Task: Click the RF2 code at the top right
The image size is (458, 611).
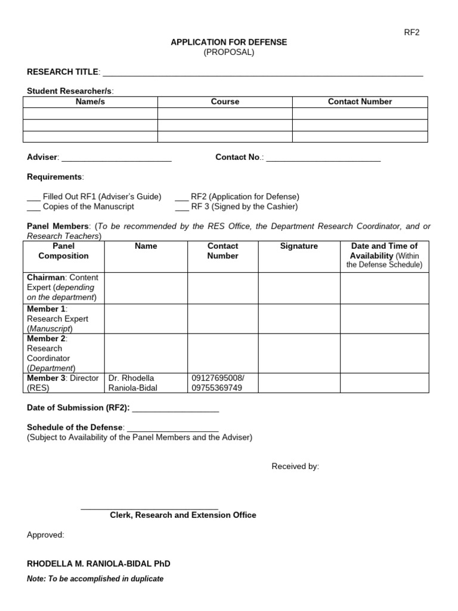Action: (x=411, y=32)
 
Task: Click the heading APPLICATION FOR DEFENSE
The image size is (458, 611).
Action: (x=229, y=42)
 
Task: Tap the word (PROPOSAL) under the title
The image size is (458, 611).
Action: (x=229, y=52)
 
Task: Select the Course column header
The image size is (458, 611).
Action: (x=225, y=102)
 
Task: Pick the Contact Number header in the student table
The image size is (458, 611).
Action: (x=360, y=102)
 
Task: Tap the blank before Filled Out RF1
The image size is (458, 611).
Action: (x=33, y=198)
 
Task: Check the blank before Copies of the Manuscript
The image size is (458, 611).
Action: (x=33, y=208)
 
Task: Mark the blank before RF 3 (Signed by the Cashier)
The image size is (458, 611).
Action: (x=181, y=208)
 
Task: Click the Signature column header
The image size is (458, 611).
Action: (x=299, y=246)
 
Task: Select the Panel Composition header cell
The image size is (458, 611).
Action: (x=64, y=251)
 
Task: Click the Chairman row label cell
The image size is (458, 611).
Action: (x=64, y=288)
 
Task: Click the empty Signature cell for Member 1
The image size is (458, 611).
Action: (x=299, y=319)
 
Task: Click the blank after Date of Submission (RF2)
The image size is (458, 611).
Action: (x=175, y=409)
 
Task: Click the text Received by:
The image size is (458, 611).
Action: (x=295, y=467)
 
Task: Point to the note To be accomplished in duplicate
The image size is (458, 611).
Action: (x=95, y=579)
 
